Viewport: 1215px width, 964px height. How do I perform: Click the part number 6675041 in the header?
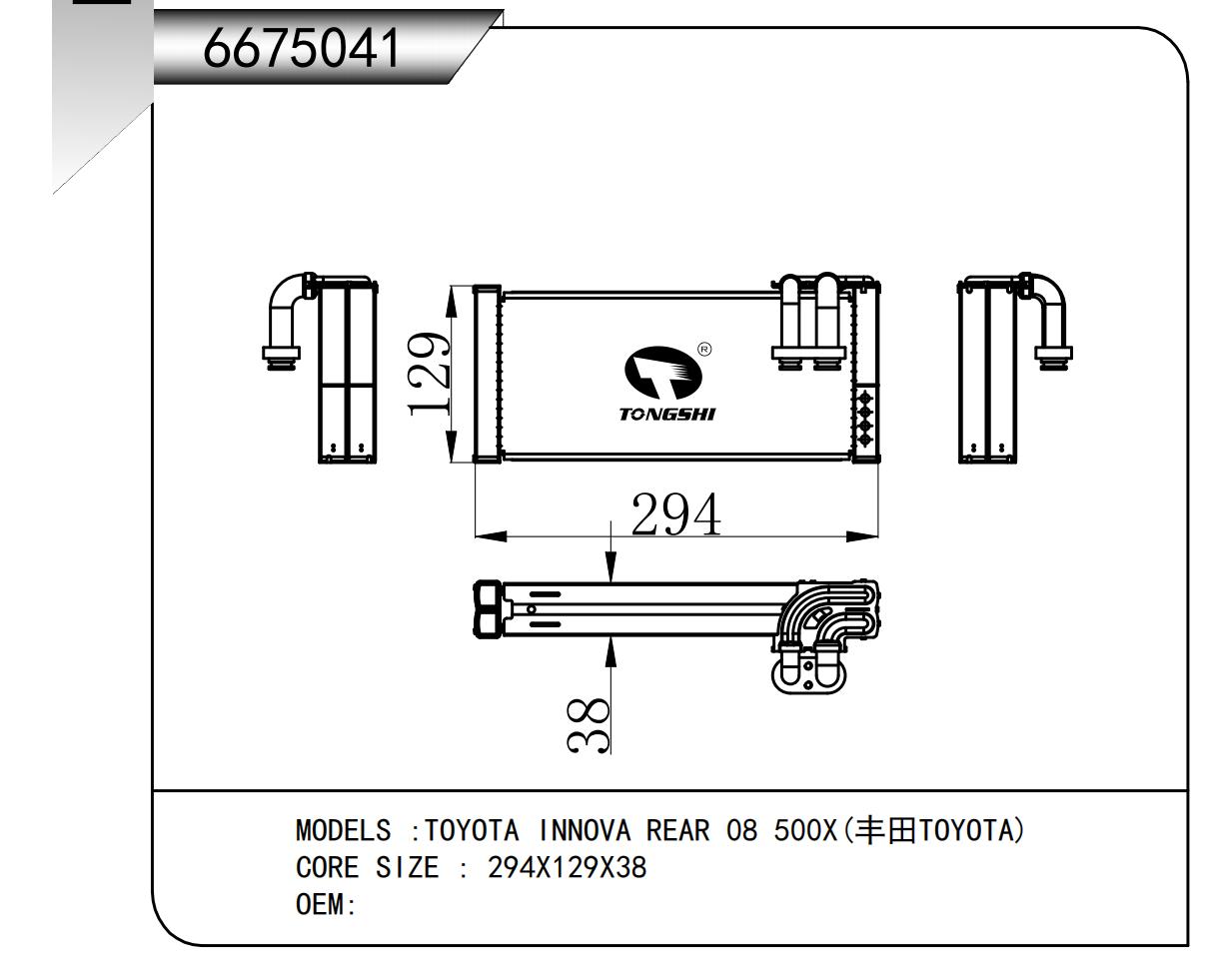(x=301, y=47)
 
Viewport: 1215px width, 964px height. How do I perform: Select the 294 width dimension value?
(x=675, y=514)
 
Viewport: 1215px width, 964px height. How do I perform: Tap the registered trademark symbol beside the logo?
(x=703, y=350)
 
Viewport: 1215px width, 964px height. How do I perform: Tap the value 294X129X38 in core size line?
(x=567, y=868)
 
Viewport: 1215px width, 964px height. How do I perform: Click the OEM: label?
(x=326, y=905)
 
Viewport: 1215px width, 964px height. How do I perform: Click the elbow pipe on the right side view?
(x=1047, y=310)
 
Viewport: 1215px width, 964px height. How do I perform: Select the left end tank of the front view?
(x=486, y=375)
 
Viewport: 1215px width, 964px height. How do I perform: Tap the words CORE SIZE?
(x=367, y=868)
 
